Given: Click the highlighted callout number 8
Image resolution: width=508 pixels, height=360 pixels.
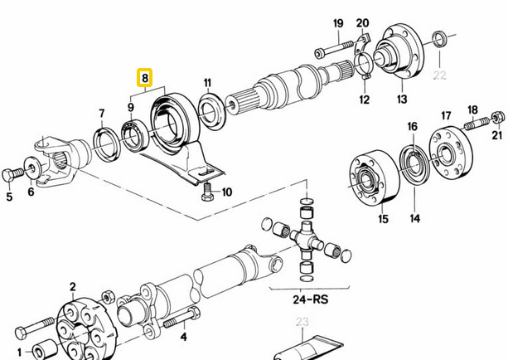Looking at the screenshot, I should (145, 80).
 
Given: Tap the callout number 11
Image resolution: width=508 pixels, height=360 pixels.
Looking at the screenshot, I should (208, 83).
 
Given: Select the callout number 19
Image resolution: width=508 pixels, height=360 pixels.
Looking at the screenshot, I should (338, 22).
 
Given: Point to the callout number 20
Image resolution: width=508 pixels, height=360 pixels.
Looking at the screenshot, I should (362, 22).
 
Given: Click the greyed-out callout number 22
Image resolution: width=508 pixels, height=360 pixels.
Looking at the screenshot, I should (439, 75).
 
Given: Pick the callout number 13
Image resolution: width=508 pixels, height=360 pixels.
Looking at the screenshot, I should (402, 100).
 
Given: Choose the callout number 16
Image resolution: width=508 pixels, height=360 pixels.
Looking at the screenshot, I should (412, 126).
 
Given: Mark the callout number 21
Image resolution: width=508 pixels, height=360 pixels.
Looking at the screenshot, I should (496, 135).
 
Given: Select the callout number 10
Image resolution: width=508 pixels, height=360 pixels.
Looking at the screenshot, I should (226, 192).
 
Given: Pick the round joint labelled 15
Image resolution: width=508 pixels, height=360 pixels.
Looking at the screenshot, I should (370, 182).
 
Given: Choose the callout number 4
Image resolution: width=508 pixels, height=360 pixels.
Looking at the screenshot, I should (183, 337).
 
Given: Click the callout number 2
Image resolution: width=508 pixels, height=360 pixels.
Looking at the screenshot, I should (72, 287).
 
